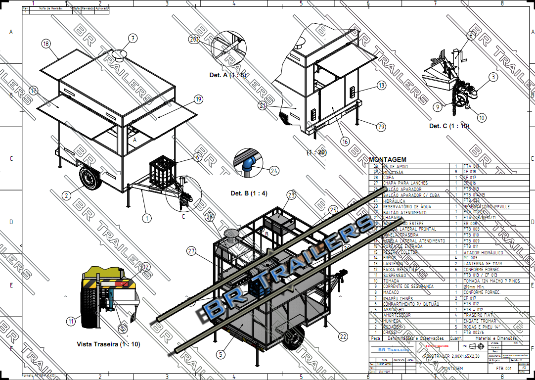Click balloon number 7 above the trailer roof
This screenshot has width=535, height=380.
pyautogui.click(x=133, y=39)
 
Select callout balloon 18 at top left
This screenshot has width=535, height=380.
pyautogui.click(x=46, y=44)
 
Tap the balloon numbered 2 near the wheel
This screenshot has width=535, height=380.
pyautogui.click(x=66, y=195)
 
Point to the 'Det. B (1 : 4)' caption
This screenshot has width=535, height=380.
pyautogui.click(x=249, y=193)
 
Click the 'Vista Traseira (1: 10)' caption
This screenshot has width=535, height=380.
pyautogui.click(x=108, y=344)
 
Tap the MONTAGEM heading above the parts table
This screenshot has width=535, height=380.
pyautogui.click(x=388, y=159)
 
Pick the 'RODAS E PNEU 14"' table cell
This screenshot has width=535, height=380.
pyautogui.click(x=482, y=327)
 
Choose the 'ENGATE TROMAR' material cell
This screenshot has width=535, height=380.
pyautogui.click(x=480, y=321)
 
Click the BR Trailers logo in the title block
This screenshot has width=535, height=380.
pyautogui.click(x=391, y=350)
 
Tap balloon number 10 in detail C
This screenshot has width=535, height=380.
pyautogui.click(x=481, y=118)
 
